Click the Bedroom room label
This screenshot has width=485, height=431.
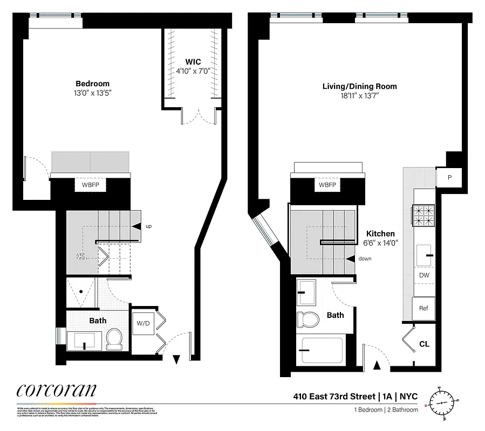pos(92,84)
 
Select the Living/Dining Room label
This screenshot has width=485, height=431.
pos(359,86)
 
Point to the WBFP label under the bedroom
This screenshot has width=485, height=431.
pos(91,185)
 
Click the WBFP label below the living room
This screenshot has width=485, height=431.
pos(327,185)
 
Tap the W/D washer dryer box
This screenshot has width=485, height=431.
pos(142,324)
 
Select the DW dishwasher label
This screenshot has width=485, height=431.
pos(424,275)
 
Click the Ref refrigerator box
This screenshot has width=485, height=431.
pos(423,308)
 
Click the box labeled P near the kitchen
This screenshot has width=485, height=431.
pos(449,177)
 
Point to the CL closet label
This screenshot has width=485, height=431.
pos(424,344)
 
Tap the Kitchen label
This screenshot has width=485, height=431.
pos(380,233)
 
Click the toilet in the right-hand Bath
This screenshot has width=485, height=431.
pos(309,318)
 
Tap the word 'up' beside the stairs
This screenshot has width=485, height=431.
pos(148,226)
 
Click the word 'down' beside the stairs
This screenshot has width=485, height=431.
pos(364,259)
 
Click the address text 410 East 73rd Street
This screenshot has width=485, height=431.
pos(334,397)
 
